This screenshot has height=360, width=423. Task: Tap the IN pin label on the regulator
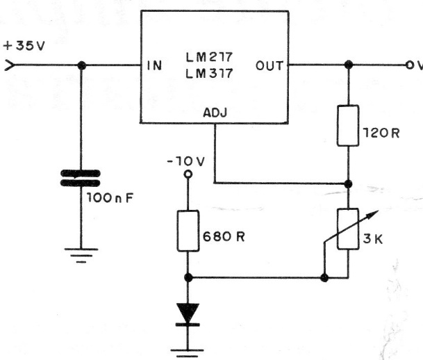click(x=155, y=67)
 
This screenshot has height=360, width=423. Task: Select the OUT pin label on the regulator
click(x=269, y=66)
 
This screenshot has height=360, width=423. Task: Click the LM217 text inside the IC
click(x=212, y=55)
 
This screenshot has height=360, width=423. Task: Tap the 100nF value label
click(x=109, y=198)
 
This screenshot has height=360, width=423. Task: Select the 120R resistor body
click(x=347, y=125)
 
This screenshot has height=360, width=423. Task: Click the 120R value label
click(x=380, y=133)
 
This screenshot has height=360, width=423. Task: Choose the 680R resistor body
click(x=187, y=231)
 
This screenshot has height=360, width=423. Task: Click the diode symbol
click(x=187, y=313)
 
